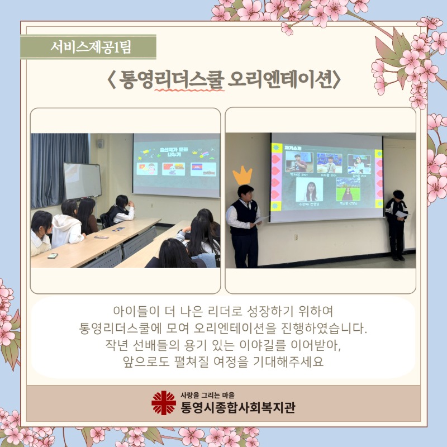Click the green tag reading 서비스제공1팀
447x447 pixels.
point(88,47)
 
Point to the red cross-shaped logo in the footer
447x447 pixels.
point(163,402)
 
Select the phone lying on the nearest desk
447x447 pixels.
point(52,256)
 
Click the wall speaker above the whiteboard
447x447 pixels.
point(99,144)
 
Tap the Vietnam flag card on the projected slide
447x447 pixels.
point(147,168)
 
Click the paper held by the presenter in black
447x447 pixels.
point(402,213)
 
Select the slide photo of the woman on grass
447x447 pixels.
point(348,189)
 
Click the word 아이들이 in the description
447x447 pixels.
point(132,311)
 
